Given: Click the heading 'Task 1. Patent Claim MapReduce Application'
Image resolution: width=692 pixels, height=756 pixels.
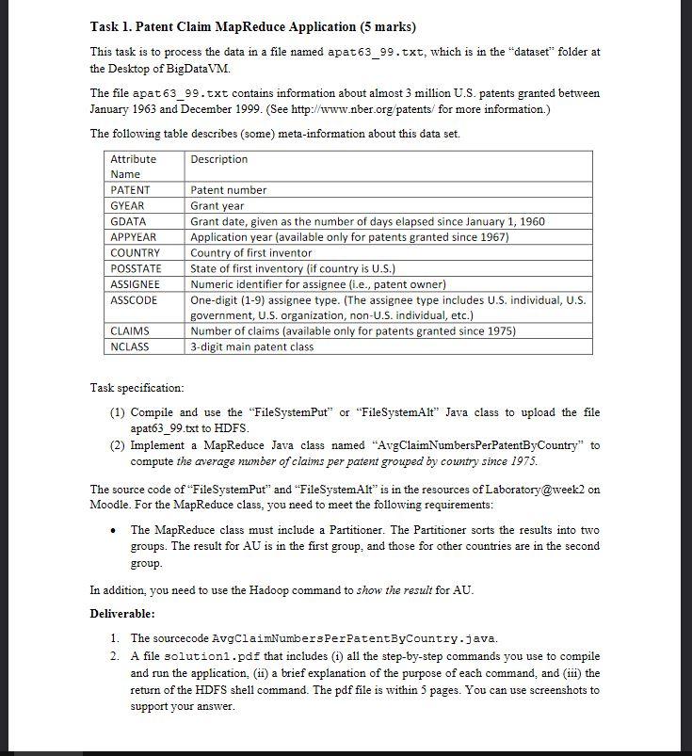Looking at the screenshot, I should click(x=251, y=26).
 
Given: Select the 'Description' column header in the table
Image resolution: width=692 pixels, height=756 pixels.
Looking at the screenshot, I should click(x=218, y=159).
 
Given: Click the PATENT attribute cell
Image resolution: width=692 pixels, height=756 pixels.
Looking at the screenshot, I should click(x=130, y=190).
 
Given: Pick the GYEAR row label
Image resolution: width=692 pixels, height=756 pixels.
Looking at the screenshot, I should click(x=127, y=205).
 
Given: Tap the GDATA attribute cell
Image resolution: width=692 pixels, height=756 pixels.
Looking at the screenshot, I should click(x=129, y=221).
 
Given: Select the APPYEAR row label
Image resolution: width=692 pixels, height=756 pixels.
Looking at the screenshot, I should click(x=134, y=237).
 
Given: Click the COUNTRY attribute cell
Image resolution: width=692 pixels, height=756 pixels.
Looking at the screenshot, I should click(x=135, y=252).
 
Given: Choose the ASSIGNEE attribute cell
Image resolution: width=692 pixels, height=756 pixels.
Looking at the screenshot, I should click(x=136, y=283).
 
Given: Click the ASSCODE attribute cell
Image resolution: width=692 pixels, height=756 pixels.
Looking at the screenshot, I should click(x=134, y=299).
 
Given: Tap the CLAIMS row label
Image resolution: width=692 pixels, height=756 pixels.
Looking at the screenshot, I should click(x=130, y=330).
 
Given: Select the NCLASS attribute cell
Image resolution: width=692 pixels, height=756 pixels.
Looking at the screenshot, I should click(x=130, y=346).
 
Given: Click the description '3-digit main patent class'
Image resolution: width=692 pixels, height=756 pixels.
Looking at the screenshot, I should click(x=252, y=346).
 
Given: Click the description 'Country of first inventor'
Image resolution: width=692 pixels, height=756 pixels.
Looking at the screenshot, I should click(x=250, y=252).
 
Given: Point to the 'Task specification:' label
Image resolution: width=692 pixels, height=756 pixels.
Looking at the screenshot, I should click(x=137, y=387).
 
